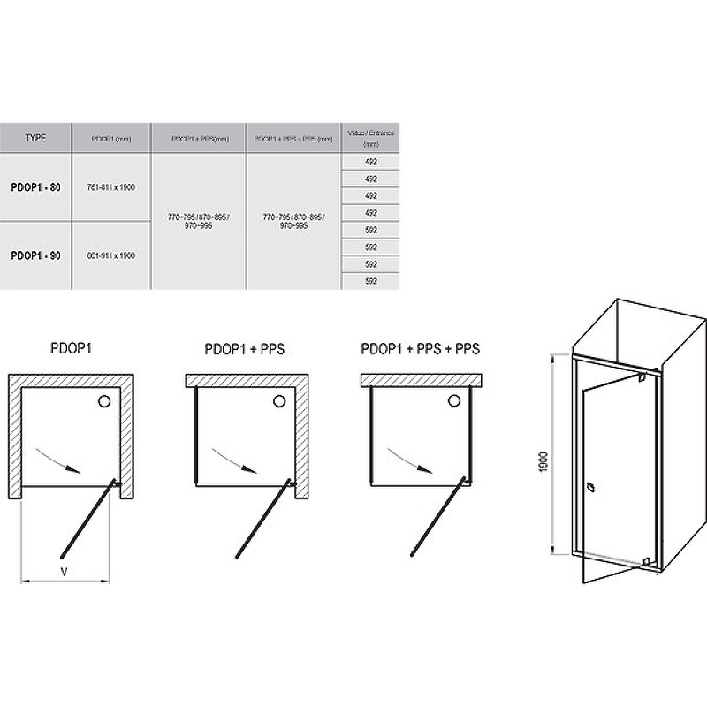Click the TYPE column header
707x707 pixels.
click(35, 139)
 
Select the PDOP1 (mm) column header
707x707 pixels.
click(111, 139)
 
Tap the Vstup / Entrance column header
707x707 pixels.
click(369, 138)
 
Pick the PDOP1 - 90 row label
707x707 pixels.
click(35, 255)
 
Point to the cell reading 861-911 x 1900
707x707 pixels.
click(111, 255)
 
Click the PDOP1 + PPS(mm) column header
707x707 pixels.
click(200, 139)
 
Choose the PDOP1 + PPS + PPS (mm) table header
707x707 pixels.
click(294, 139)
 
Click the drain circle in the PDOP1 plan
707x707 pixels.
click(105, 403)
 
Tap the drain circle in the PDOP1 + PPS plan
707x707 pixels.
click(280, 403)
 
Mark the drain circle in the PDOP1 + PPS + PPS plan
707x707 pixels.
click(457, 403)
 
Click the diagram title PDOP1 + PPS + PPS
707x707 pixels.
click(421, 349)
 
